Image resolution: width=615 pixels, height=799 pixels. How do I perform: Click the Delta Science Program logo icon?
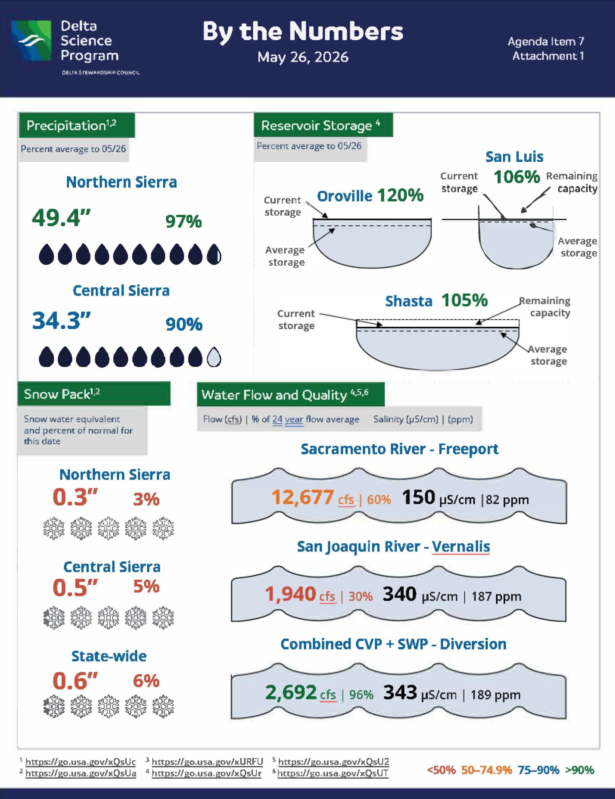tap(32, 40)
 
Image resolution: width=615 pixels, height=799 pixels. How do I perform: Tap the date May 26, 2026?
tap(303, 57)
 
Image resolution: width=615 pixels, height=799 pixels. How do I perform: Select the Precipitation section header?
tap(77, 125)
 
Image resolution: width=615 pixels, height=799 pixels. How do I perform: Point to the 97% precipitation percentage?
tap(183, 221)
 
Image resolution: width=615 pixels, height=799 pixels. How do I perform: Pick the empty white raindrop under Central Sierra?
tap(214, 357)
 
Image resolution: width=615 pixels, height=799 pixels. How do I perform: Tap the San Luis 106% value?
tap(517, 177)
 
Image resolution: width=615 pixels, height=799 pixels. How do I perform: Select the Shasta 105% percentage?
tap(464, 300)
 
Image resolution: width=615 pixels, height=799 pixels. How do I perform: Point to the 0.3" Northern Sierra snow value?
tap(75, 497)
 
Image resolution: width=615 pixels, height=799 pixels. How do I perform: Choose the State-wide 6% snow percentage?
tap(146, 681)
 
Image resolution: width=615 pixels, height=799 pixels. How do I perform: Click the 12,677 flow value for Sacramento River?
tap(303, 497)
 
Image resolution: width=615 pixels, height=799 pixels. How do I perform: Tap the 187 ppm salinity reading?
tap(496, 597)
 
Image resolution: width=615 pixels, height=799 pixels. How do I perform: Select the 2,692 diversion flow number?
tap(291, 692)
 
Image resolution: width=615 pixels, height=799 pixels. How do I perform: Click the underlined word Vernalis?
tap(460, 546)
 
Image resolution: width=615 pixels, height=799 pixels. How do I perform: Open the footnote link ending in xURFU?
tap(207, 761)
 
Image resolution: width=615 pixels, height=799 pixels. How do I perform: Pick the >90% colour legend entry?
tap(579, 770)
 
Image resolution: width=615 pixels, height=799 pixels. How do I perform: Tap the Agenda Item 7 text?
tap(546, 42)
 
